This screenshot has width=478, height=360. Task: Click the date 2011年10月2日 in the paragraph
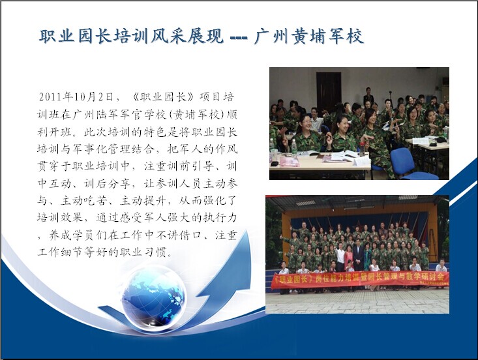(76, 97)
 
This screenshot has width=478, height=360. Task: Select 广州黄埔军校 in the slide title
(308, 37)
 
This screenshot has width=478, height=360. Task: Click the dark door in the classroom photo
(328, 89)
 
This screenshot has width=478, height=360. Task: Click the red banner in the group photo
(360, 279)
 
